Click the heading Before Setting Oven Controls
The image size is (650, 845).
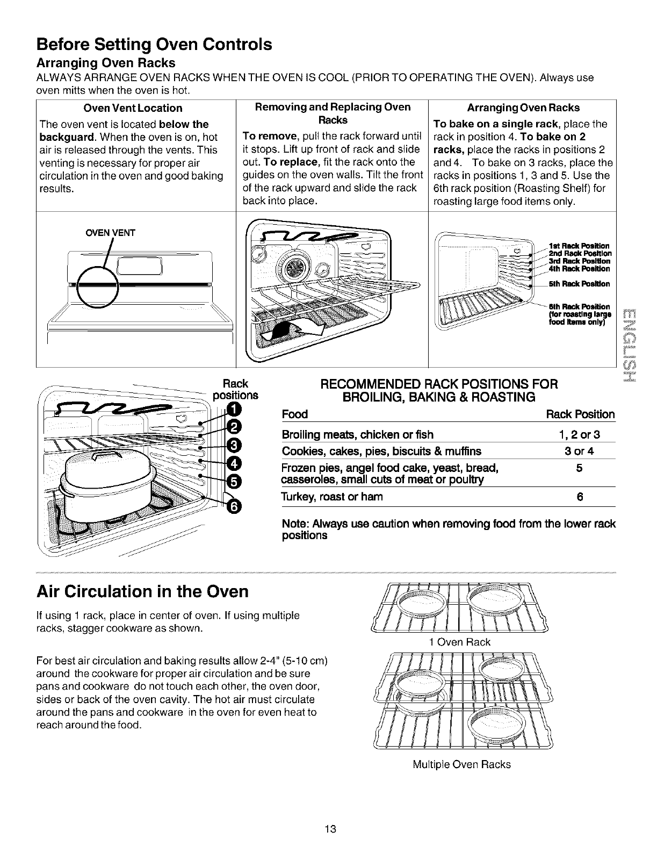(x=154, y=44)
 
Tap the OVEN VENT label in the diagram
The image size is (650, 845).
(x=111, y=233)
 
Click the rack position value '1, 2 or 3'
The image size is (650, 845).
(x=579, y=434)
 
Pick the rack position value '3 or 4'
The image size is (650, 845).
(x=579, y=451)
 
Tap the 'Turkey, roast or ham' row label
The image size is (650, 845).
(x=332, y=497)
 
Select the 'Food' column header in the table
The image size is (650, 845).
(x=294, y=414)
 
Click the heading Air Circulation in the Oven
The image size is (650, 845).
(x=142, y=592)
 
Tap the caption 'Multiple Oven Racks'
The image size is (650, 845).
(x=461, y=764)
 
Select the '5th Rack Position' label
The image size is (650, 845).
(x=579, y=283)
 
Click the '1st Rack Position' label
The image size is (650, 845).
(x=580, y=246)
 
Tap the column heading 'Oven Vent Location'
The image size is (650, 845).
(x=136, y=108)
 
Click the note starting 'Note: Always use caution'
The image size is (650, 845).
(x=449, y=529)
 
